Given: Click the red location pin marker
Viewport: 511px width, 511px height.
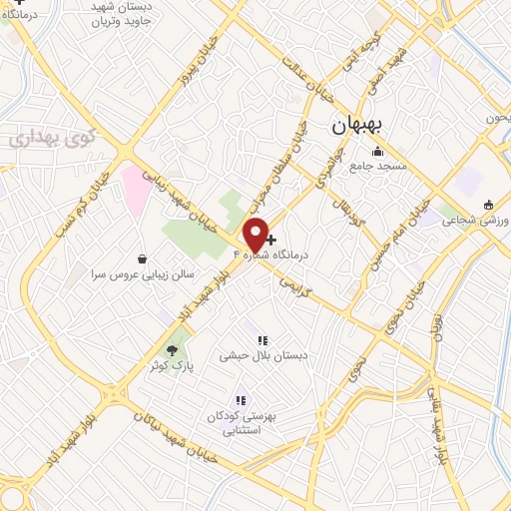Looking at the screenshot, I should [x=255, y=234].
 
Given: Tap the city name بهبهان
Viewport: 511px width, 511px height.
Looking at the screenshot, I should [x=363, y=126].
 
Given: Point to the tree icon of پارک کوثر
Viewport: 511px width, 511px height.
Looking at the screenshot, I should [x=172, y=349].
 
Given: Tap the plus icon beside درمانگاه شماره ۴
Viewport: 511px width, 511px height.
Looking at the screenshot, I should [x=270, y=240].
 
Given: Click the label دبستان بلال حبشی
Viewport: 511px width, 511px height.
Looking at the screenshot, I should [x=263, y=355].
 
